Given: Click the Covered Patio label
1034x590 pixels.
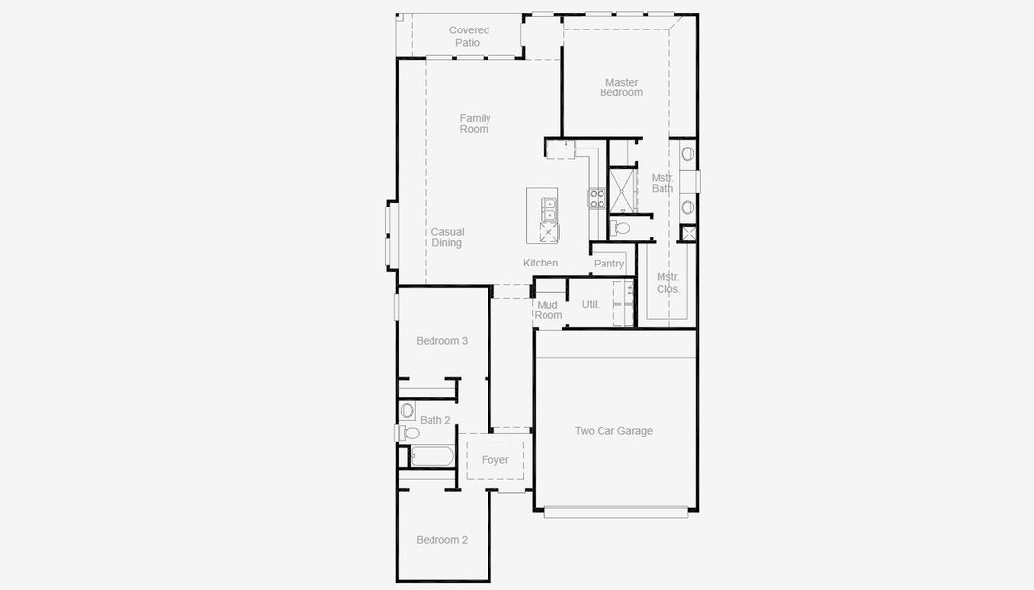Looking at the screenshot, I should [469, 36].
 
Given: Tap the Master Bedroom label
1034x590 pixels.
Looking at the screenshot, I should [621, 88].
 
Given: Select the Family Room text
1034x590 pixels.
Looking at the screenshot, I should [474, 124].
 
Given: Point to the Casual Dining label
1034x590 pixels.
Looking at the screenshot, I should [447, 237].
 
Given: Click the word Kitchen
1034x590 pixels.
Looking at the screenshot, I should [541, 263].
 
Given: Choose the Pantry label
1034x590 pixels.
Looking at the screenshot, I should [608, 264].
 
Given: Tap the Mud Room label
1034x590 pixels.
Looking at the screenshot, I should [548, 310].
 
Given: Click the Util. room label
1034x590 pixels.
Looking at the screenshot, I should [590, 305].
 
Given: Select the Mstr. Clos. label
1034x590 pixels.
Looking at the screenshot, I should [668, 283].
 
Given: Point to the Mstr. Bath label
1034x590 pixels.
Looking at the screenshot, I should [662, 183].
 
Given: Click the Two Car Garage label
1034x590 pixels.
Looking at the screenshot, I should [613, 431].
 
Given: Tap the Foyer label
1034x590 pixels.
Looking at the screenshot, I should [494, 460].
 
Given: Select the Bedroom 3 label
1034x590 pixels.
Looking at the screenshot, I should [441, 341].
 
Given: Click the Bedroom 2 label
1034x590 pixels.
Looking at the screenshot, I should [441, 540].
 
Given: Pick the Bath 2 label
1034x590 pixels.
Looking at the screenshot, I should [434, 420].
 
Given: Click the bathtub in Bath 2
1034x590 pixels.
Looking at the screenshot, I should [431, 455].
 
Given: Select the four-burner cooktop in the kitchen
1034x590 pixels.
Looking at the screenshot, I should [597, 199].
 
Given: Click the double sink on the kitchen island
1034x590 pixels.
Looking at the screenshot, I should [549, 209].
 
